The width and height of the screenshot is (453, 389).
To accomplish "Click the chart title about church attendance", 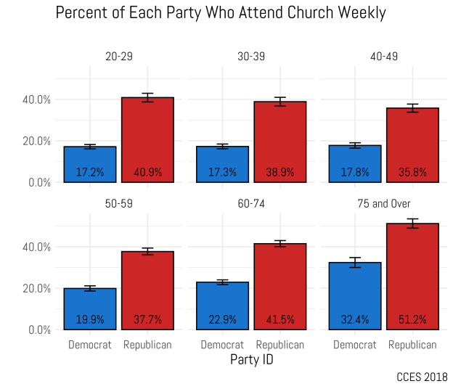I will [221, 14].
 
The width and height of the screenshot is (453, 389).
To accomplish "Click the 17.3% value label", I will [222, 173].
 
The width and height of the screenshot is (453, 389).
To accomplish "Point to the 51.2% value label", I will [412, 320].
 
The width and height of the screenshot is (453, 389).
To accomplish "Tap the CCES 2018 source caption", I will [422, 377].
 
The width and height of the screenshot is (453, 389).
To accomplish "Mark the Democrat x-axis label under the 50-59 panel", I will [90, 345].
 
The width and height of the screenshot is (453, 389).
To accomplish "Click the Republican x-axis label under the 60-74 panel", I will [280, 345].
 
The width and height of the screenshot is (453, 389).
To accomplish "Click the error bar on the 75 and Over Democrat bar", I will [355, 263].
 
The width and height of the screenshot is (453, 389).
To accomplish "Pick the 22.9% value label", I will [222, 320].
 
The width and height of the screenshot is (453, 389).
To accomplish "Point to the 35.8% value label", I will [412, 173].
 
